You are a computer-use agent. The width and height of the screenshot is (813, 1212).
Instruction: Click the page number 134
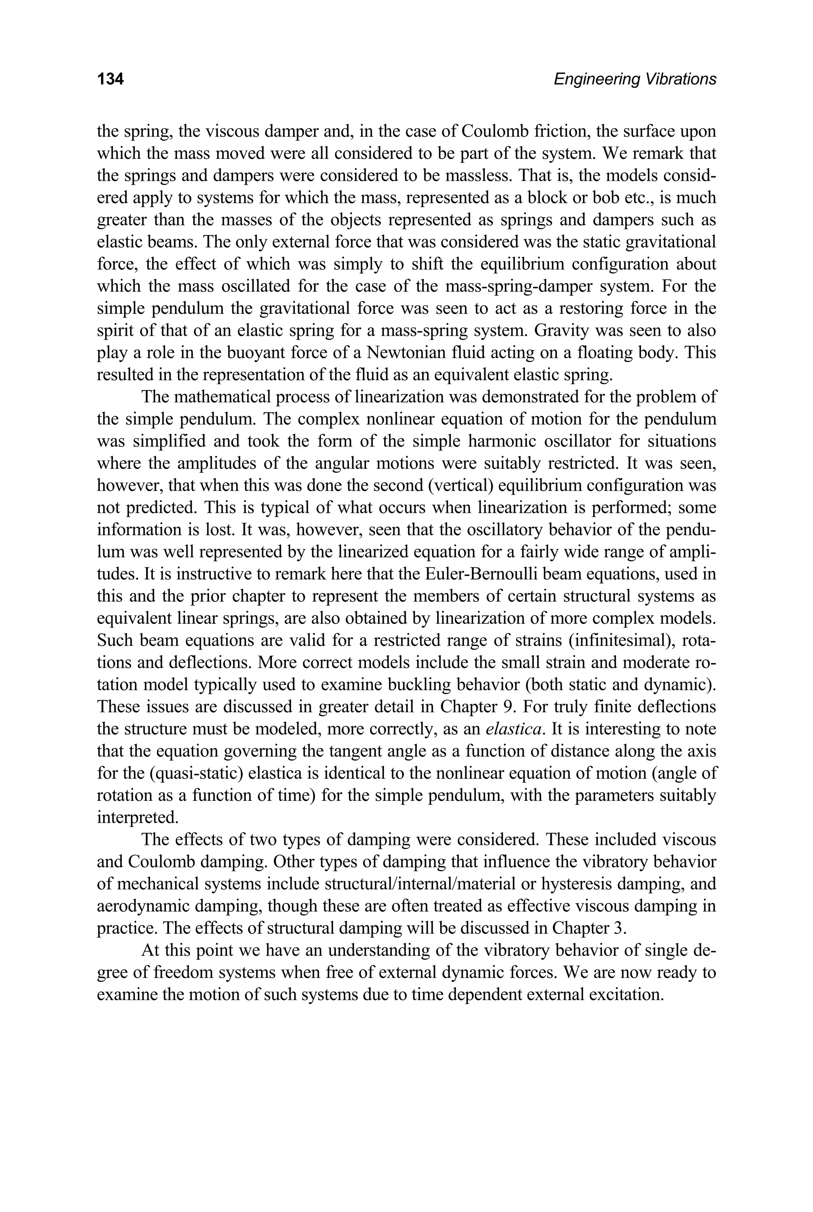110,79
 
